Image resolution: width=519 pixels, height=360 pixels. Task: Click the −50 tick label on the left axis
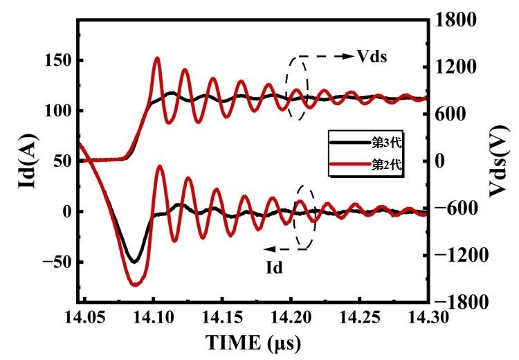[53, 262]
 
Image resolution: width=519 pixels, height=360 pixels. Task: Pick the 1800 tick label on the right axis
[450, 19]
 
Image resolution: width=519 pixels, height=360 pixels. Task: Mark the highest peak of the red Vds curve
[157, 59]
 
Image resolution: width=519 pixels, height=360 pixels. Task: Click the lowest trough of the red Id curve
[135, 284]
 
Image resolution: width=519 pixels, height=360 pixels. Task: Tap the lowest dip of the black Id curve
[134, 262]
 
